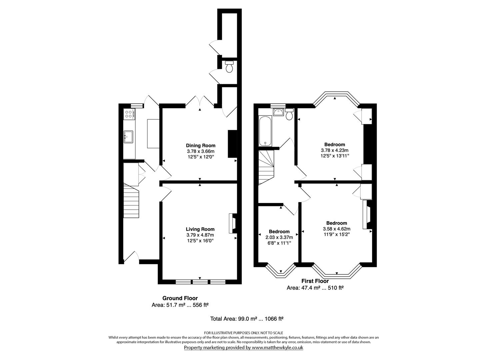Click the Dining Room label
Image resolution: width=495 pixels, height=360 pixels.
(x=200, y=145)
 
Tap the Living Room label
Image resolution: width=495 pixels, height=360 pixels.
(x=200, y=229)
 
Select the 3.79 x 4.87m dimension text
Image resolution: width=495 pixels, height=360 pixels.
(x=200, y=235)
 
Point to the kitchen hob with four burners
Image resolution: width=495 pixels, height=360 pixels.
(x=129, y=114)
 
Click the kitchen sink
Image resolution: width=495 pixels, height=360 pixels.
(x=128, y=136)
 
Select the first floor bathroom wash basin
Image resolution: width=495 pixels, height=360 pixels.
(x=278, y=112)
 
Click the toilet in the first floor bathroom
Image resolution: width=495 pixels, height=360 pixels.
(x=289, y=114)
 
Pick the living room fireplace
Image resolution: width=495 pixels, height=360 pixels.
(x=232, y=223)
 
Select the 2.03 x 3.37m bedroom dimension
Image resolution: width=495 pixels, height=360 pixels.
(x=279, y=237)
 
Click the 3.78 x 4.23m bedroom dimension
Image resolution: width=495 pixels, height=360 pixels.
(x=335, y=150)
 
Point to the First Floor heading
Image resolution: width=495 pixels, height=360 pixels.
(x=315, y=281)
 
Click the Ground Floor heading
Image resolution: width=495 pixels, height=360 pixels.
(x=180, y=298)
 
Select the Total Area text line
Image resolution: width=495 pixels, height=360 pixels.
(x=247, y=319)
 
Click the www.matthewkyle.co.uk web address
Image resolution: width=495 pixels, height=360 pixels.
(x=277, y=347)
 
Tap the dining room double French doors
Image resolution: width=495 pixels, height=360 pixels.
(x=199, y=102)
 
